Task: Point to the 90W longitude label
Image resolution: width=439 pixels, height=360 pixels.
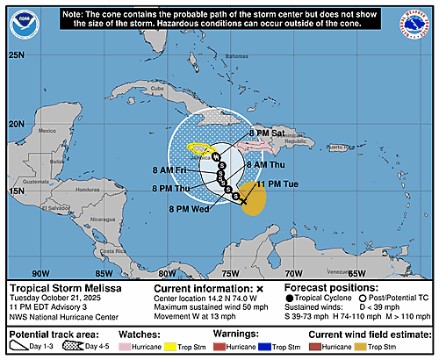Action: click(x=40, y=271)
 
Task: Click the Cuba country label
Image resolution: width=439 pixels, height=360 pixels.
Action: click(x=158, y=89)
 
